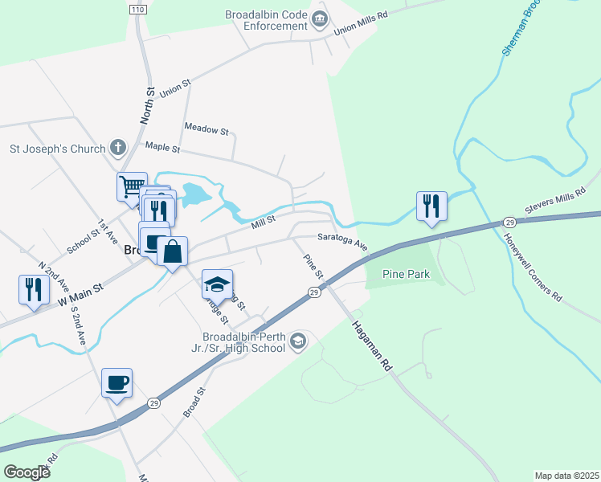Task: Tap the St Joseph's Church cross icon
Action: coord(118,148)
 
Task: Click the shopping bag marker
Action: coord(172,252)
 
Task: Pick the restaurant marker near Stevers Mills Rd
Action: coord(431,206)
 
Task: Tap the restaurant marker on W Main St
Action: coord(33,289)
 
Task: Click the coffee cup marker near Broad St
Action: coord(117,382)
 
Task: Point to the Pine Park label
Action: coord(406,275)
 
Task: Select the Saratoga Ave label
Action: coord(341,240)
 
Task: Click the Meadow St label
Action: coord(206,129)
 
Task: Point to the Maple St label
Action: coord(162,147)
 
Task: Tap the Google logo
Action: coord(27,472)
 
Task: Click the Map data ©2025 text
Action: coord(566,476)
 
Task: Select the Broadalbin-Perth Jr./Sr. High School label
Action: coord(245,342)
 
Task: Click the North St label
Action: coord(147,105)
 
